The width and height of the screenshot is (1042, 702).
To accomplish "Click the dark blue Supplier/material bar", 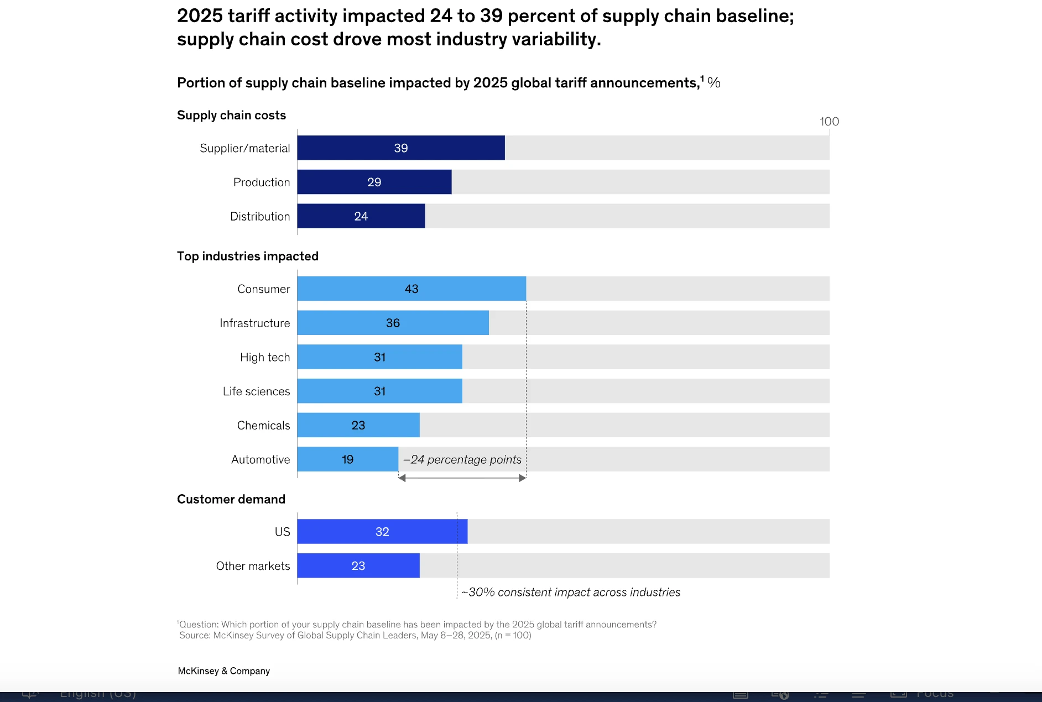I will point(400,148).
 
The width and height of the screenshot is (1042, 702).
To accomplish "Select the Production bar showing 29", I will point(374,182).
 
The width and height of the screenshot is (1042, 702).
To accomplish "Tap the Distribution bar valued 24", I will point(361,216).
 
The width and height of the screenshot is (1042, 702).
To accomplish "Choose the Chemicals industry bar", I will point(358,426).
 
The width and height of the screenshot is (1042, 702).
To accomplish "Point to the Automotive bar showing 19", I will point(347,459).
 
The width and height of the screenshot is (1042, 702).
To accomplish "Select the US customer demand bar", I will point(382,532).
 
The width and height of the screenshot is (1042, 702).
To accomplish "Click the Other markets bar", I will point(358,566).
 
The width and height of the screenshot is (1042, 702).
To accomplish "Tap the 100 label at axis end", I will point(829,122).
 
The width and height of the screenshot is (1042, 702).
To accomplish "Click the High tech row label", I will point(265,358).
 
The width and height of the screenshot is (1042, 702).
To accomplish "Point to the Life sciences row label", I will point(256,392).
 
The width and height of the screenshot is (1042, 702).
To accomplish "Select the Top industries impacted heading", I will point(248,256).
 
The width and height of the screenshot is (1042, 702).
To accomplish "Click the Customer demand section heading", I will point(231,500).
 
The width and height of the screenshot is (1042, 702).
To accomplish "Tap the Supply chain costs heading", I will point(231,116).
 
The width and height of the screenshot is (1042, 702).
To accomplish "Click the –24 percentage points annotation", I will point(462,460).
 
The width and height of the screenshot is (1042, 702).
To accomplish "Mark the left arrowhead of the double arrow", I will point(402,478).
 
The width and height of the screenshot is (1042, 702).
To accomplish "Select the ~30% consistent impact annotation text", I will point(571,593).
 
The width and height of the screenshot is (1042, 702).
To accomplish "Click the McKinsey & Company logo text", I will point(224,671).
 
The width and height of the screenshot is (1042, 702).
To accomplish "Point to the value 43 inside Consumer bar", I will point(411,289).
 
